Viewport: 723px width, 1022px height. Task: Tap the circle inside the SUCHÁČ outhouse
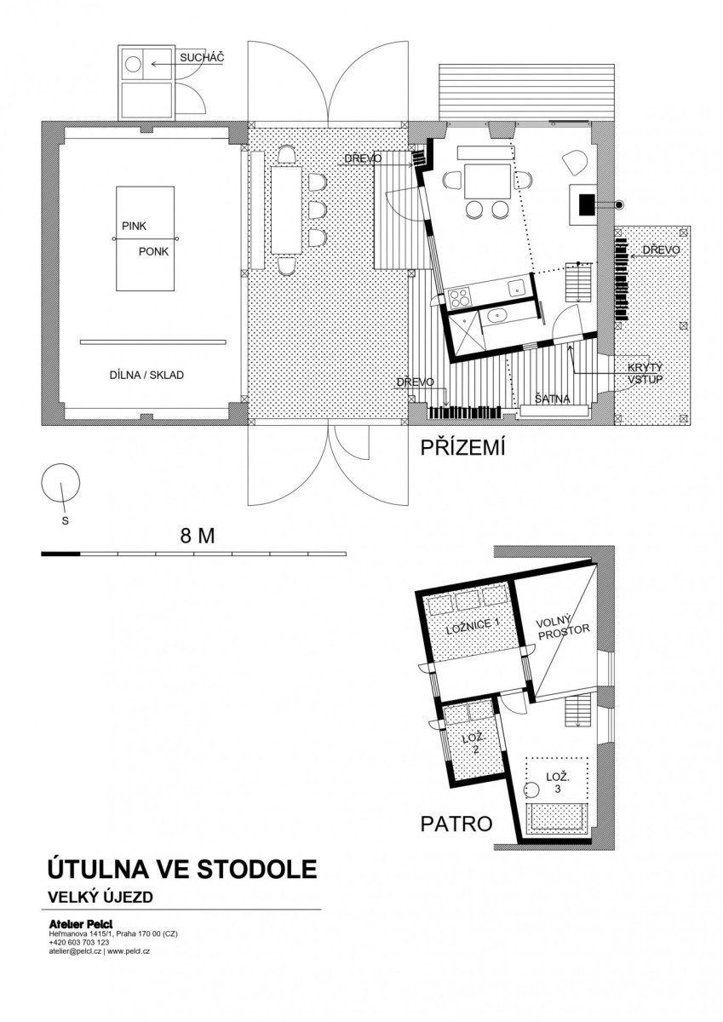133,63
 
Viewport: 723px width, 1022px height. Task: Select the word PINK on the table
134,226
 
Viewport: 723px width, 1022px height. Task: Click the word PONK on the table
154,251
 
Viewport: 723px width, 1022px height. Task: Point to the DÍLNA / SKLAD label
146,375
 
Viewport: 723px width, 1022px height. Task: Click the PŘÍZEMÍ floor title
462,448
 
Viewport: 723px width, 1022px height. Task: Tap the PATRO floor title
456,824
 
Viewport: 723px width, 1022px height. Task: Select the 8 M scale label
198,536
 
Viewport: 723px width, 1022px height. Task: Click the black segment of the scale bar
60,554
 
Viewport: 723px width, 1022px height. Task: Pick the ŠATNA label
553,399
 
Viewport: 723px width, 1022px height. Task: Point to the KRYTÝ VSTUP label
645,373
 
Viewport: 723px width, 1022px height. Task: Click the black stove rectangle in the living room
587,204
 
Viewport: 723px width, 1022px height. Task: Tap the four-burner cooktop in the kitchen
460,297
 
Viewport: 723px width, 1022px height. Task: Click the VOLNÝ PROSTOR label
564,628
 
